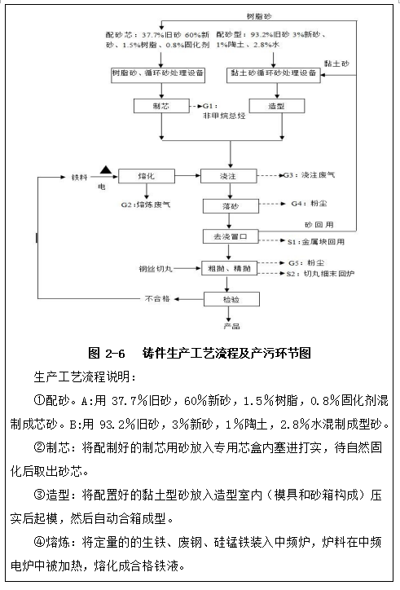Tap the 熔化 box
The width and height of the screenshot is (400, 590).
[147, 174]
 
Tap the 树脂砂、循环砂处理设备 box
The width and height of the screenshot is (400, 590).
[161, 73]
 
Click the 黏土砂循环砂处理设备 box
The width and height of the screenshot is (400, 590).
[272, 73]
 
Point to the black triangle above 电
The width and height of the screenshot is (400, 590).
[106, 169]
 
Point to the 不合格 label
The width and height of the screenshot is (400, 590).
[156, 299]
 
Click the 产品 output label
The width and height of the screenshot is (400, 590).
[231, 325]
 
